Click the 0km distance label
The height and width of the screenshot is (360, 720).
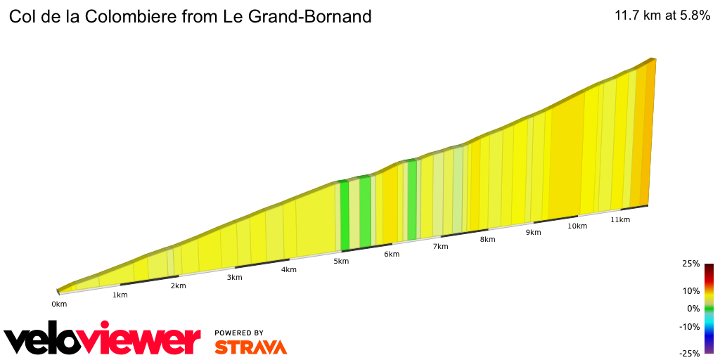(x=59, y=304)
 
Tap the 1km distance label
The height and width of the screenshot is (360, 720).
(x=120, y=295)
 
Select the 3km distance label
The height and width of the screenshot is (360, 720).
(x=234, y=277)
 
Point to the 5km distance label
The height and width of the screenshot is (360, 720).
(x=341, y=261)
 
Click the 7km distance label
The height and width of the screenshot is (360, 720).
(x=440, y=246)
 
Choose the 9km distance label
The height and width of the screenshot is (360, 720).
(x=533, y=232)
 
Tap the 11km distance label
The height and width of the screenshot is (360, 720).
(x=620, y=219)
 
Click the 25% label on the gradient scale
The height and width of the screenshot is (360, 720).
(x=690, y=264)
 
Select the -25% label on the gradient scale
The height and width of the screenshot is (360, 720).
(x=689, y=354)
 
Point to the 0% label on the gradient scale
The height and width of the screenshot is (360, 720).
(x=693, y=308)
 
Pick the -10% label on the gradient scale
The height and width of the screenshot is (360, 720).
(x=689, y=326)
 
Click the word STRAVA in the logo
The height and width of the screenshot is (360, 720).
(x=250, y=347)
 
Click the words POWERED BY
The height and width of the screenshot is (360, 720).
(x=239, y=333)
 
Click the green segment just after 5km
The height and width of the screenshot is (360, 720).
(x=345, y=215)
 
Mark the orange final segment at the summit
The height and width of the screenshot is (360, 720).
(x=648, y=134)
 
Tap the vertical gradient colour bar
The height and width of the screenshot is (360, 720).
(x=709, y=309)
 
